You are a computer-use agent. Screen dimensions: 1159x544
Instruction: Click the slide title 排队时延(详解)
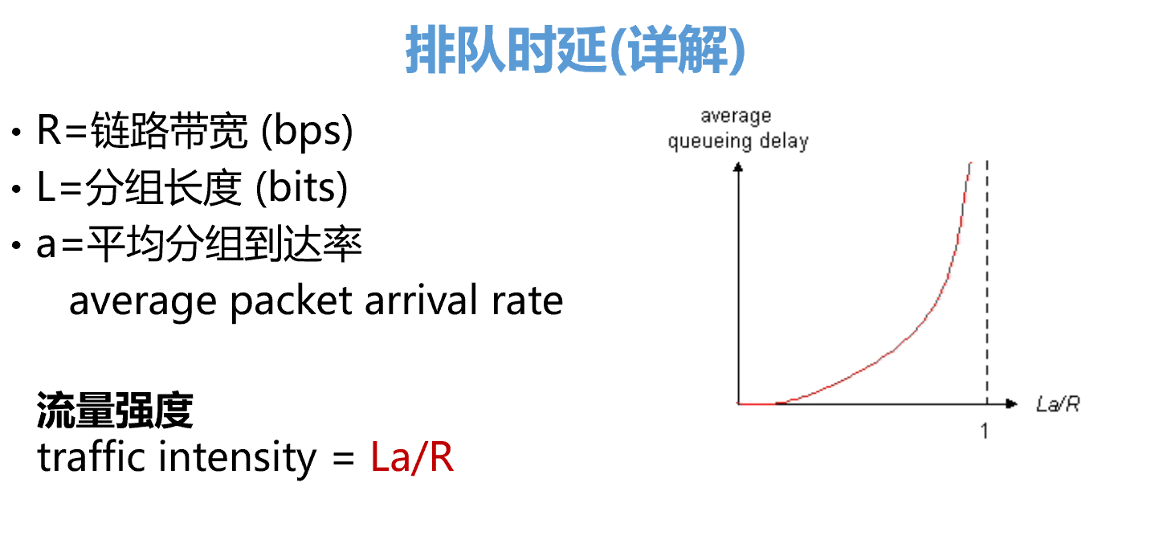pyautogui.click(x=575, y=50)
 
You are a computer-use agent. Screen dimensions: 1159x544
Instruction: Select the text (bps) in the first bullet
pyautogui.click(x=307, y=130)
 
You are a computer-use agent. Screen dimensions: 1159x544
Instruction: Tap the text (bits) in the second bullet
pyautogui.click(x=302, y=187)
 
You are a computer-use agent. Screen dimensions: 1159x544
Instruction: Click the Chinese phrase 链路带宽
pyautogui.click(x=169, y=130)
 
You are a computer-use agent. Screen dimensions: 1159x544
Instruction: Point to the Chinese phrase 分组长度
pyautogui.click(x=164, y=187)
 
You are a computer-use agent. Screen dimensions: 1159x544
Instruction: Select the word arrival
pyautogui.click(x=421, y=301)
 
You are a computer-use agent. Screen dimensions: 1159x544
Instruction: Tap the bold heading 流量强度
pyautogui.click(x=115, y=411)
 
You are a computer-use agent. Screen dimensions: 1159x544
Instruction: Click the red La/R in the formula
pyautogui.click(x=412, y=457)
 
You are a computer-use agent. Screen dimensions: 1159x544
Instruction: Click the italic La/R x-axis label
pyautogui.click(x=1058, y=404)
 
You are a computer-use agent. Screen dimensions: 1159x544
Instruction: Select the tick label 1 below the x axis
pyautogui.click(x=985, y=431)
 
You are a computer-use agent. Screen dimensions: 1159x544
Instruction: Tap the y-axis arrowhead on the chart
pyautogui.click(x=738, y=167)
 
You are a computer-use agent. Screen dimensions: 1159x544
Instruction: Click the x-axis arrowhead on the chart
pyautogui.click(x=1011, y=403)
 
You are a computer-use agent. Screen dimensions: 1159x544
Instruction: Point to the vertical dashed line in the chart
pyautogui.click(x=987, y=282)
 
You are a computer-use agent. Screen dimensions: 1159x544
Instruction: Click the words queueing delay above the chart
pyautogui.click(x=738, y=141)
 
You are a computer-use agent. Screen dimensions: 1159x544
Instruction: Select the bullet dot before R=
pyautogui.click(x=17, y=132)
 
